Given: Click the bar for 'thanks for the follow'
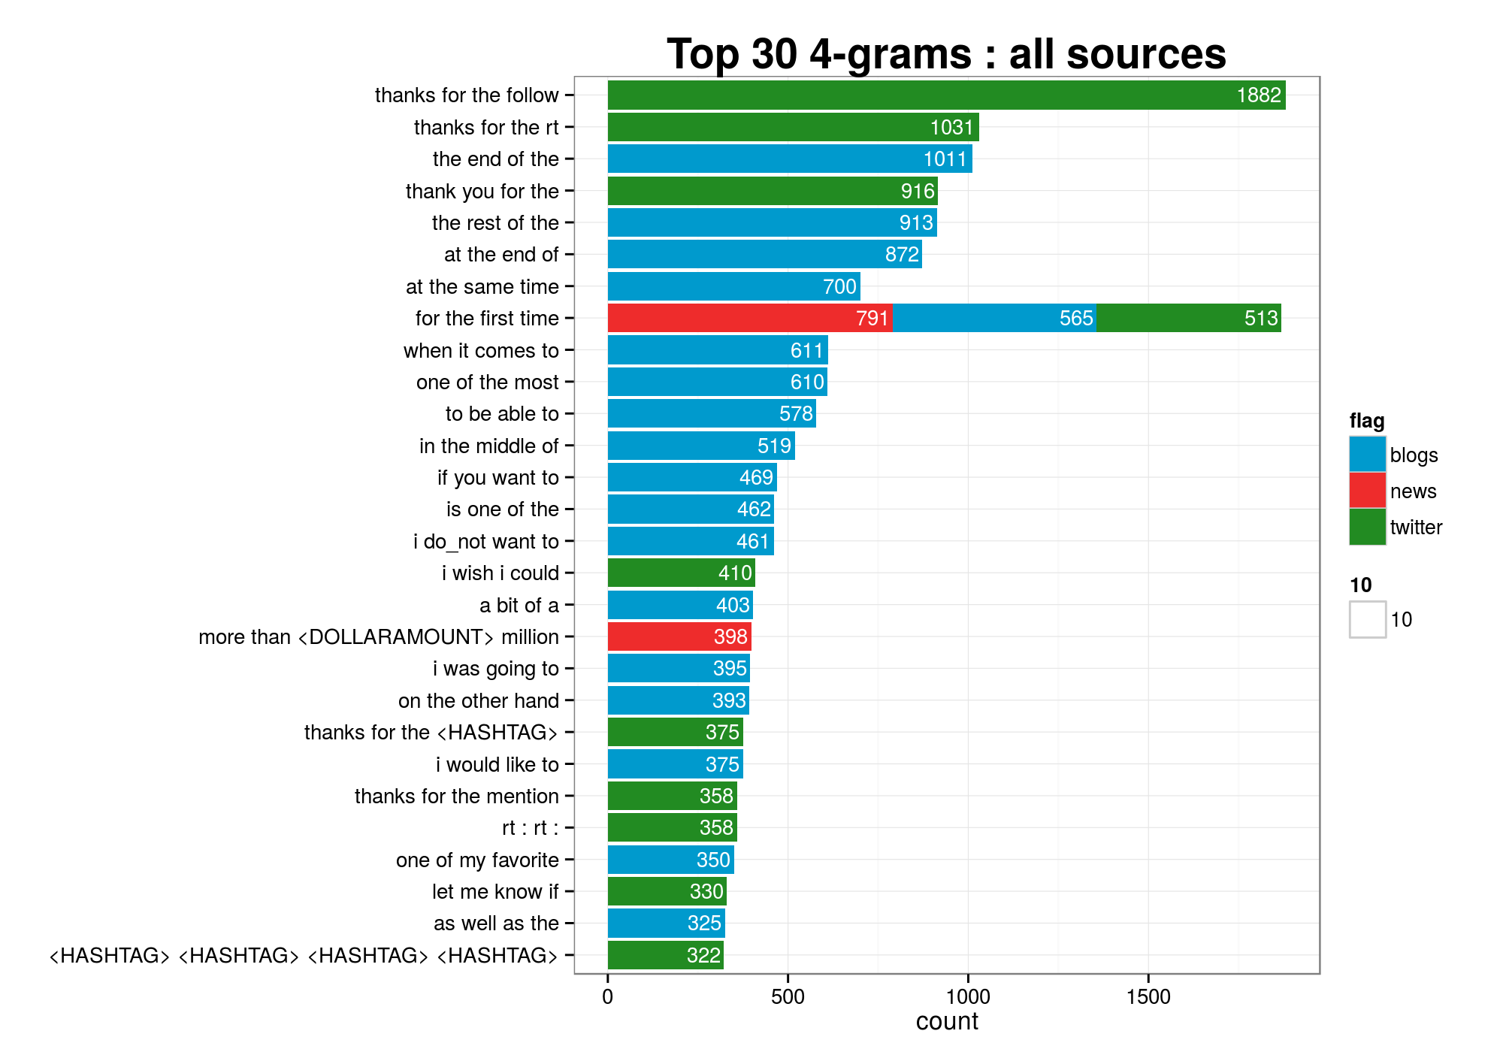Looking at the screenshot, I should tap(946, 95).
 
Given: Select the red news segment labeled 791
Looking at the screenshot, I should tap(749, 318).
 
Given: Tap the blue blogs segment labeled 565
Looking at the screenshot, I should tap(993, 318).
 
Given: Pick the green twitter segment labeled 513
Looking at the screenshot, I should tap(1188, 318).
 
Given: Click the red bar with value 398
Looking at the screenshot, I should tap(679, 636).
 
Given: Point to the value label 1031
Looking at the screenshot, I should tap(951, 128).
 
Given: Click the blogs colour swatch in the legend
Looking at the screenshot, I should tap(1367, 455).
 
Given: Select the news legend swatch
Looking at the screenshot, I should tap(1367, 491).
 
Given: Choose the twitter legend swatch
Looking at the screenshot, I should tap(1367, 527).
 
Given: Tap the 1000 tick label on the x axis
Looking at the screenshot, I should tap(968, 997).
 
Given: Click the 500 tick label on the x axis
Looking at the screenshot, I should tap(788, 997).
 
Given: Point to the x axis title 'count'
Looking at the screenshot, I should tap(947, 1021).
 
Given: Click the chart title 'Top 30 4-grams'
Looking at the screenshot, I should tap(946, 54).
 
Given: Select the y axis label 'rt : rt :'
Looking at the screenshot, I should tap(530, 828).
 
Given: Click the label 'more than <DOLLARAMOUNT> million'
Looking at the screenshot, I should tap(378, 637).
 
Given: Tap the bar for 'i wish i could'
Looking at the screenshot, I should tap(681, 573).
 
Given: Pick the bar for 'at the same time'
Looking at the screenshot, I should tap(733, 286).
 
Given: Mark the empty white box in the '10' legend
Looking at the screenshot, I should tap(1367, 620).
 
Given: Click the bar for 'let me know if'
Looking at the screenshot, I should tap(667, 891).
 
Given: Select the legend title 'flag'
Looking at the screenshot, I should tap(1366, 421).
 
